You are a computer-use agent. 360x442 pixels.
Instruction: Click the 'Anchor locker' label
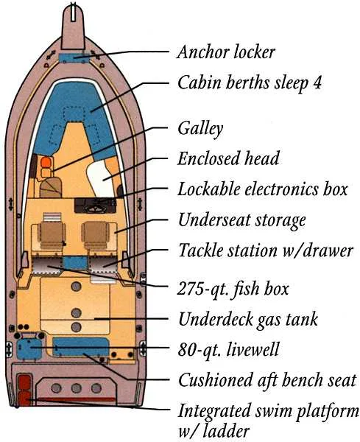coord(226,52)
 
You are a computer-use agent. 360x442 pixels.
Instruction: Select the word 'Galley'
coord(200,129)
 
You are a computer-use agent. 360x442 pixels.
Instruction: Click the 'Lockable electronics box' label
coord(262,189)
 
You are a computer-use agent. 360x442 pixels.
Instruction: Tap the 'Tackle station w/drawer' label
coord(266,250)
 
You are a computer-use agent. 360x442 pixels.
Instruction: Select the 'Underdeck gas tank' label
coord(248,319)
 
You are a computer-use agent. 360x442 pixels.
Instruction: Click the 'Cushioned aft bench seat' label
coord(267,380)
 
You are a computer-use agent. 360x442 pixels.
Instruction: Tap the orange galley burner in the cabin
coord(45,162)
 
